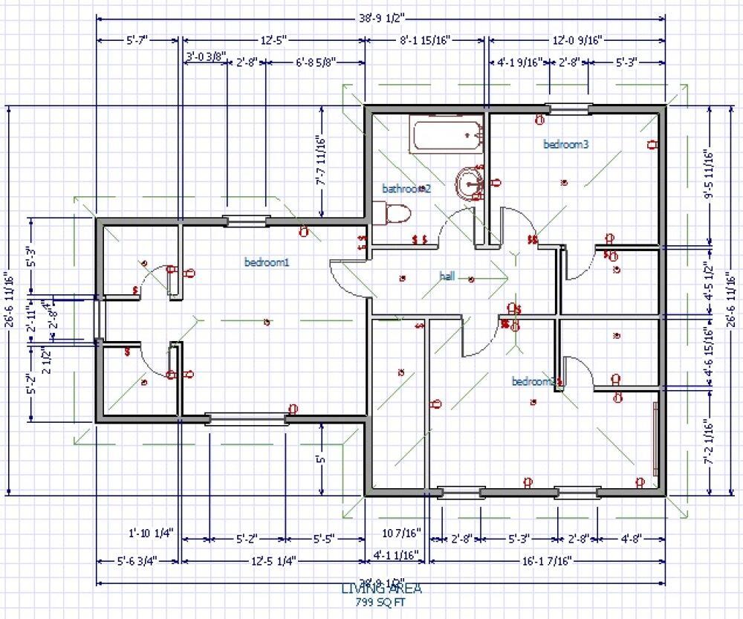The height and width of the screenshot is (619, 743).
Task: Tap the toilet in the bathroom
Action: (x=398, y=213)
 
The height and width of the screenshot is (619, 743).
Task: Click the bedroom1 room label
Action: (x=266, y=262)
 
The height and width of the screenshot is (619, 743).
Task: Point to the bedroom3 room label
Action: (x=565, y=144)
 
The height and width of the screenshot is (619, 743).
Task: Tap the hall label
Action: (x=447, y=276)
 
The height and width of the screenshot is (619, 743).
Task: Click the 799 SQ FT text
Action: (x=382, y=601)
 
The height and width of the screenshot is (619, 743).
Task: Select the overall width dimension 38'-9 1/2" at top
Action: (x=381, y=18)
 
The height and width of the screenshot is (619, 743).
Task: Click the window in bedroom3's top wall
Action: (x=569, y=109)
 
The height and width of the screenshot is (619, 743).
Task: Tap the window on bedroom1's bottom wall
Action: (x=247, y=419)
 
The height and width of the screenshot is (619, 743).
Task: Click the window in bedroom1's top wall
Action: (x=245, y=220)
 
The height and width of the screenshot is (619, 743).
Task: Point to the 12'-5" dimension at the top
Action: (x=273, y=40)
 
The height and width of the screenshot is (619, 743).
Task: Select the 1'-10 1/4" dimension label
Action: (x=151, y=532)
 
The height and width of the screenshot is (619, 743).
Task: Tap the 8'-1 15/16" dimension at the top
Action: (x=426, y=40)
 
